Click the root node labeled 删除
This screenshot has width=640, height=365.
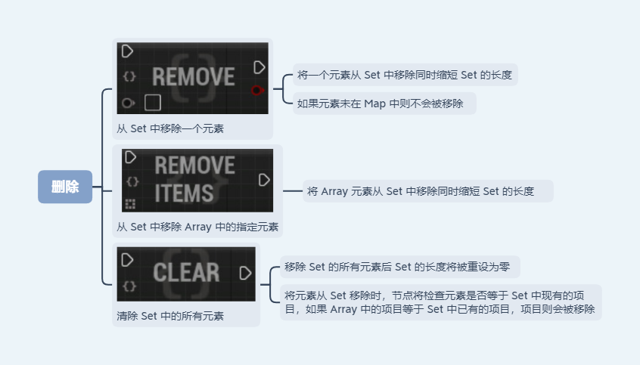tap(65, 187)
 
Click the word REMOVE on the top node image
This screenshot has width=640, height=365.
tap(193, 76)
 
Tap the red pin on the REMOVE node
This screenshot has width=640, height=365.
tap(257, 90)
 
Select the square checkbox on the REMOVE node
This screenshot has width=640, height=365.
tap(153, 102)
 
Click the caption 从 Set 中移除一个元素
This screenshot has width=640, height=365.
tap(170, 128)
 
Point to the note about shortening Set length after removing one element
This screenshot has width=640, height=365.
tap(405, 75)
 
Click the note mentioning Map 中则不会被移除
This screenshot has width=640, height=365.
tap(384, 103)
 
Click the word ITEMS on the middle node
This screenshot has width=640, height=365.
tap(184, 193)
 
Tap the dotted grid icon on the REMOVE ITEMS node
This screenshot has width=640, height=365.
tap(130, 203)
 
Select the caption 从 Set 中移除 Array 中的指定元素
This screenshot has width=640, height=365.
tap(197, 226)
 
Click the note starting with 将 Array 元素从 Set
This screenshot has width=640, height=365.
tap(428, 191)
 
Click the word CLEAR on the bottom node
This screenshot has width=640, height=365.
tap(186, 273)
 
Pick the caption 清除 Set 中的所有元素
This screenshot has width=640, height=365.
tap(170, 316)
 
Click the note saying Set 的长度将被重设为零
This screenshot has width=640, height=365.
tap(399, 266)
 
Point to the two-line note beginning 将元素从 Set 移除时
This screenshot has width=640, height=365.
tap(440, 302)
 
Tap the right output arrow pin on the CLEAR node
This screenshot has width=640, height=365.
tap(246, 273)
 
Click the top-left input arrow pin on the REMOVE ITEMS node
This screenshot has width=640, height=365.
tap(130, 157)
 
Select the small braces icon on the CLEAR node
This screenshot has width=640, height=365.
tap(129, 286)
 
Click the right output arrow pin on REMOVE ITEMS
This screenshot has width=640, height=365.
tap(264, 180)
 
